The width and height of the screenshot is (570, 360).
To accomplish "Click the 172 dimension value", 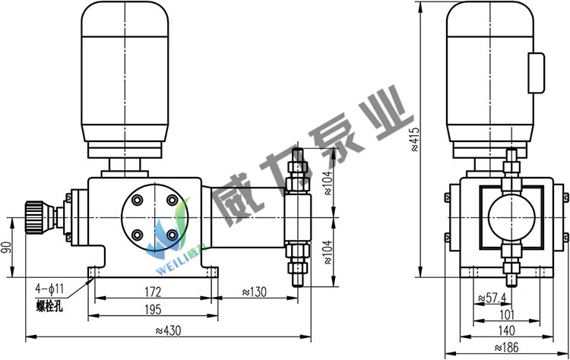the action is pos(153,292).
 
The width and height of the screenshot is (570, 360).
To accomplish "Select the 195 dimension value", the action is pos(153,310).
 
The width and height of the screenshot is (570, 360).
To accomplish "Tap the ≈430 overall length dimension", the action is pos(168,330).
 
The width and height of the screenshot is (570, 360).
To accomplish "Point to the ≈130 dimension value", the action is pos(254,292).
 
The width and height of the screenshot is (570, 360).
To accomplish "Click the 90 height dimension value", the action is pos(6,248).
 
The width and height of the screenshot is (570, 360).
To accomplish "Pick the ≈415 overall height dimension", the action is pos(415,139).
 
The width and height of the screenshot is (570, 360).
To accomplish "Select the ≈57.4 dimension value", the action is pos(492,298).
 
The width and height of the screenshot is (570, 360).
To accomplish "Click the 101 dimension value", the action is pos(507,314).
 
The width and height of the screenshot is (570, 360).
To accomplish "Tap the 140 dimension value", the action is pos(506,330).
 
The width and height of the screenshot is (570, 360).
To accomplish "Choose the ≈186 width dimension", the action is pos(506,347).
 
